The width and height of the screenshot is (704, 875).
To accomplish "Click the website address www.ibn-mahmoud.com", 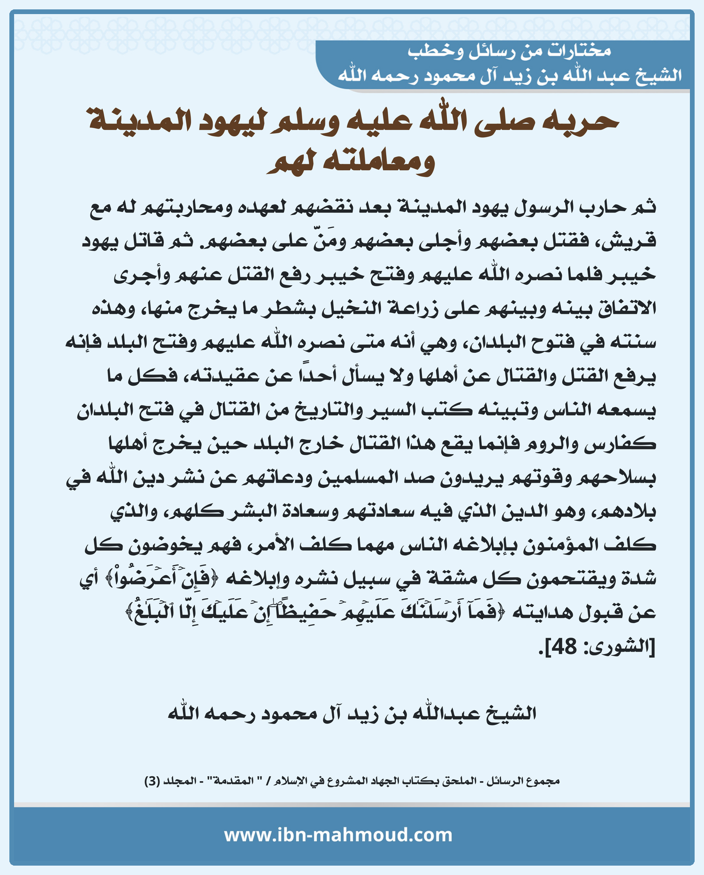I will (338, 835).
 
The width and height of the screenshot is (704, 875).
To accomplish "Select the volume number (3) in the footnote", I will (152, 781).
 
